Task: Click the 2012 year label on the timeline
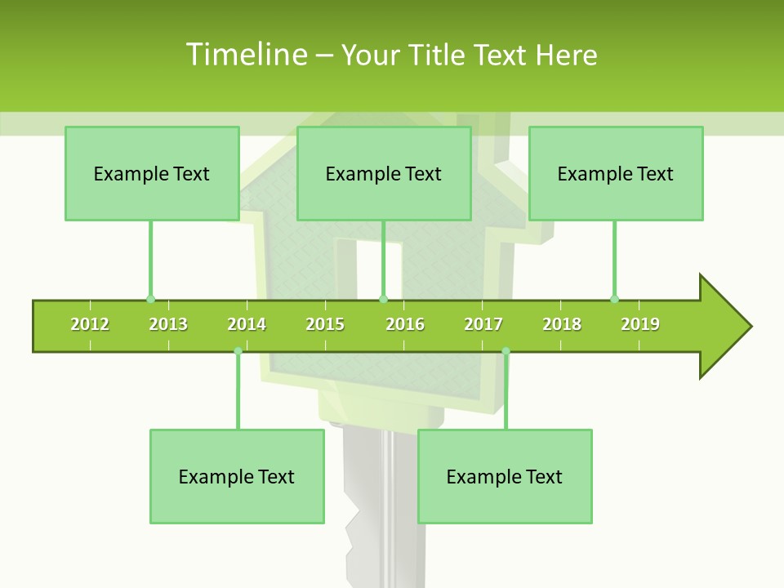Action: click(x=90, y=324)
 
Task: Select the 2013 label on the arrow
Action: click(x=168, y=324)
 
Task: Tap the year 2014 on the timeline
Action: click(x=247, y=324)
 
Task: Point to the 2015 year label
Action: click(x=325, y=324)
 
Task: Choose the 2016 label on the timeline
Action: click(x=405, y=324)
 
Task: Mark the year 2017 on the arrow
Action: click(x=483, y=324)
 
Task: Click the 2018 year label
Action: click(x=562, y=324)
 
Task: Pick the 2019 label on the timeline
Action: click(x=640, y=324)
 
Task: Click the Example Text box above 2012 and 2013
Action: click(x=152, y=173)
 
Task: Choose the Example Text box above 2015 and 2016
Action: click(x=384, y=173)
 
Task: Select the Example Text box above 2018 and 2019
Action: click(x=616, y=173)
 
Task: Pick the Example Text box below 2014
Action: click(x=237, y=476)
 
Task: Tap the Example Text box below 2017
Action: click(x=505, y=476)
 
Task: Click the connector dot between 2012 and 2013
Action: click(x=150, y=299)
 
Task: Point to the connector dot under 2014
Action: click(x=238, y=351)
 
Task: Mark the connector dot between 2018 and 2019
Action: click(x=614, y=299)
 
